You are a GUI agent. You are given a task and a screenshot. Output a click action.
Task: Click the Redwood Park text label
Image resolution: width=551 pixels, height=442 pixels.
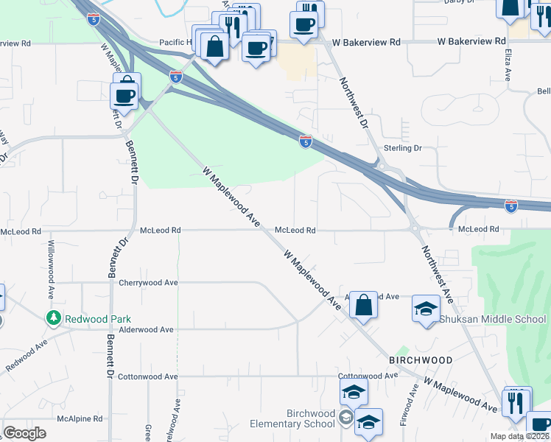(x=98, y=319)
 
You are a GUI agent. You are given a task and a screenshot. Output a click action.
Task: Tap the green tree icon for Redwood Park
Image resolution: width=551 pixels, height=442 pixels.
(x=53, y=318)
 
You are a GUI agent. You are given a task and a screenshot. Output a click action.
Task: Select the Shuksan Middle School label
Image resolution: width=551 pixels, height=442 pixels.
(x=493, y=319)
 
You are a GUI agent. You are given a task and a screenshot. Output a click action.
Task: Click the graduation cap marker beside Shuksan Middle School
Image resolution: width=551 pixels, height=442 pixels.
(x=426, y=309)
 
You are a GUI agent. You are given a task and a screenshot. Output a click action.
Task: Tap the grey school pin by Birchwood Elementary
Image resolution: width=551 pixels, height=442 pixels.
(x=345, y=419)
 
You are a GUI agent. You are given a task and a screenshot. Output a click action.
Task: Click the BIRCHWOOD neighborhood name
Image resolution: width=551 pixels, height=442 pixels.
(x=421, y=360)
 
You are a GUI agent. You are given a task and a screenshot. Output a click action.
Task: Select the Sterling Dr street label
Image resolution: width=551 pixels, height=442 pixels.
(x=402, y=148)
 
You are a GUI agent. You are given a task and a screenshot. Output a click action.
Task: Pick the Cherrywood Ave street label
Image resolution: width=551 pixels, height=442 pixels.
(x=149, y=282)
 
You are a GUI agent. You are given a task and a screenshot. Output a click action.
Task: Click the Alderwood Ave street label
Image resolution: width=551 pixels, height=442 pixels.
(x=146, y=330)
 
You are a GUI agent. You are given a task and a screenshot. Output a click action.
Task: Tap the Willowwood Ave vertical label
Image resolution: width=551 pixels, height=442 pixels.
(x=52, y=269)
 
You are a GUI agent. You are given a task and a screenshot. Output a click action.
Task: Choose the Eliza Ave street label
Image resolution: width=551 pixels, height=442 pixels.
(x=508, y=64)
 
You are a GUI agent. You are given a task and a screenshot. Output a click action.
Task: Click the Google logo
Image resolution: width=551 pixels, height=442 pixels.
(x=24, y=433)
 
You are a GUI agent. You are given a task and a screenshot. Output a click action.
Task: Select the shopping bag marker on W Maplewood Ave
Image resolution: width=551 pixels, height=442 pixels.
(x=364, y=304)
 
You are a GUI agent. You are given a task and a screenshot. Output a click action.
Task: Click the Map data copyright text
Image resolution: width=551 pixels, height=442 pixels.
(x=519, y=436)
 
